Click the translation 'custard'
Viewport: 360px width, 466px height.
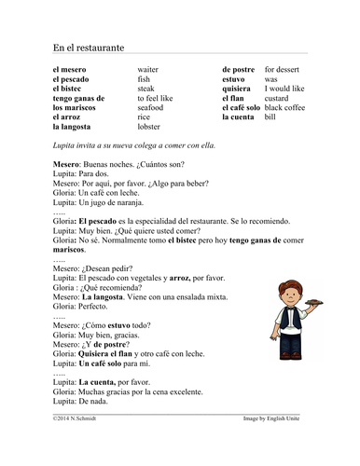click(x=278, y=94)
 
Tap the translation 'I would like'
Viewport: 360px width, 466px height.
click(x=285, y=82)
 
